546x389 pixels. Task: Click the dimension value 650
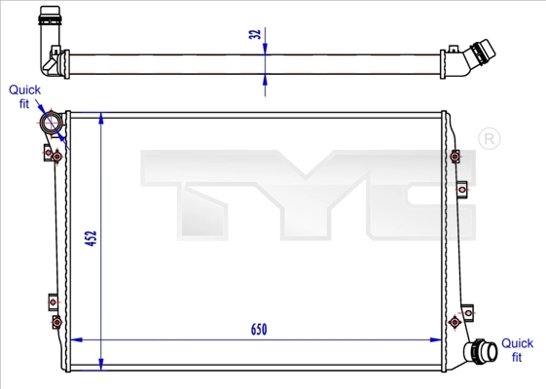click(258, 329)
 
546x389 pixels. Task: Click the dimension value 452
click(90, 239)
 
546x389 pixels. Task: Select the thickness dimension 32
click(255, 35)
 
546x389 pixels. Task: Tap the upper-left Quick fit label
click(24, 96)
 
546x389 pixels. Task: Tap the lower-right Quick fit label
click(517, 350)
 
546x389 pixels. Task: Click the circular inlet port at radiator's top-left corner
click(51, 124)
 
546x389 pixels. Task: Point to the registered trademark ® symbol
click(490, 140)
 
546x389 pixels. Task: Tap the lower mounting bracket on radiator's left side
click(55, 312)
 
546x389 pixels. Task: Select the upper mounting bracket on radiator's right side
click(455, 157)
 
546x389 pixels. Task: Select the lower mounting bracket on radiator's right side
click(455, 320)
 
